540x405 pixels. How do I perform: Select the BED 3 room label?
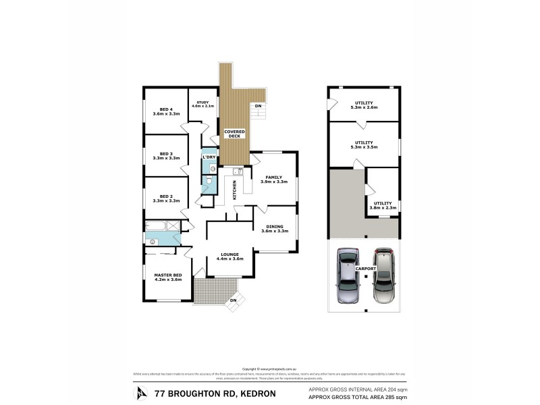(166, 155)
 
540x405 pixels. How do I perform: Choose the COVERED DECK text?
(234, 133)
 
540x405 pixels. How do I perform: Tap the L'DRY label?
(209, 157)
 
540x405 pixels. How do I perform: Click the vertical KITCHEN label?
(234, 190)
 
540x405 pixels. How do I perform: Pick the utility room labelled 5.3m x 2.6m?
(364, 105)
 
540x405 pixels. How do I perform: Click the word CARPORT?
(364, 268)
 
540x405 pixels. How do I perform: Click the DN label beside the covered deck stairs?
(258, 107)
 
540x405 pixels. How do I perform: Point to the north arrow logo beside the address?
(141, 393)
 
